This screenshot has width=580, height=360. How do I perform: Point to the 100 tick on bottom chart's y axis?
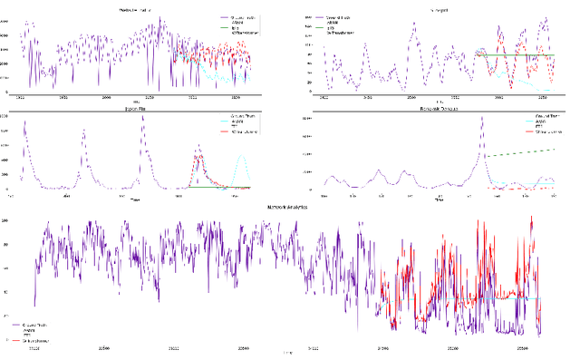[x=30, y=220]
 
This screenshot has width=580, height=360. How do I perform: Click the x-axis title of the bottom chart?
[x=288, y=353]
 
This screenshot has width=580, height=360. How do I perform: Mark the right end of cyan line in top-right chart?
[x=554, y=90]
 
